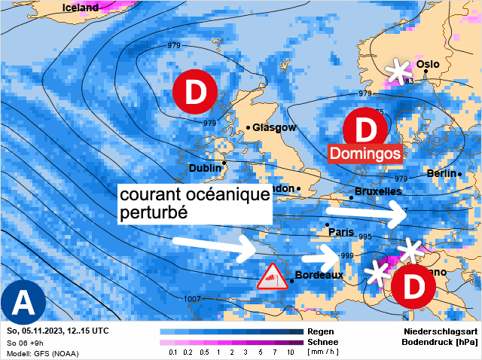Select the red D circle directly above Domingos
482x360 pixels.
[365, 128]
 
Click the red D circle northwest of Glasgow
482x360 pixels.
[195, 93]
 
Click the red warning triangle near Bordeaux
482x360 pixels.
[273, 277]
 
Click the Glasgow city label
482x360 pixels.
[274, 127]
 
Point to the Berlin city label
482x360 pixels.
[441, 174]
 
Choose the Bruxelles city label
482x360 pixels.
[377, 192]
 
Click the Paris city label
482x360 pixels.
[341, 232]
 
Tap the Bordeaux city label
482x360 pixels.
[320, 275]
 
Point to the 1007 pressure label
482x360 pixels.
[192, 299]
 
